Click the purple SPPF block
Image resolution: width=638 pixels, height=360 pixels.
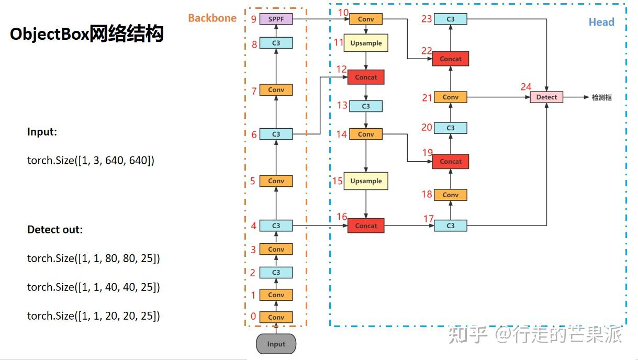(276, 19)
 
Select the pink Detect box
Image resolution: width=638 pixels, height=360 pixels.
(546, 97)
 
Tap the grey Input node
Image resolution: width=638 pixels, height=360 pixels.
(276, 344)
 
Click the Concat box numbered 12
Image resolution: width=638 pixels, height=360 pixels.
(366, 77)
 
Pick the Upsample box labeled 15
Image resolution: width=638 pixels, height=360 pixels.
(366, 181)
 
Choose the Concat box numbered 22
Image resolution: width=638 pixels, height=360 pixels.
(450, 59)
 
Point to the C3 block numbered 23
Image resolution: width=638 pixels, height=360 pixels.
(450, 19)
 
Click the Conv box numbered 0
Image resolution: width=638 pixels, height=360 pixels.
(276, 317)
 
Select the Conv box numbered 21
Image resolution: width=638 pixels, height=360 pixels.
(450, 97)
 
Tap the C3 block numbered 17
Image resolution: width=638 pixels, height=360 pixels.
(450, 226)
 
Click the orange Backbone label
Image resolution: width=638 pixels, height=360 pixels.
(212, 18)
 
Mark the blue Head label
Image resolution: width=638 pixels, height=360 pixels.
(601, 22)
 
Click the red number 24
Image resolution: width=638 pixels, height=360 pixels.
(525, 87)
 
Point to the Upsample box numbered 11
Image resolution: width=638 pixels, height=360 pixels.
(366, 43)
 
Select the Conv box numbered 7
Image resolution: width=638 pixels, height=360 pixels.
(276, 90)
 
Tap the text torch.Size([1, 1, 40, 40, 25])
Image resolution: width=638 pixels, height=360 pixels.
(93, 287)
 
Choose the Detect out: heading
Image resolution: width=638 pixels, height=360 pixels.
(55, 230)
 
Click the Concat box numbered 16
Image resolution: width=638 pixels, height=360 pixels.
(366, 226)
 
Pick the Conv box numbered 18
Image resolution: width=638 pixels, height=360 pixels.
(450, 195)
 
